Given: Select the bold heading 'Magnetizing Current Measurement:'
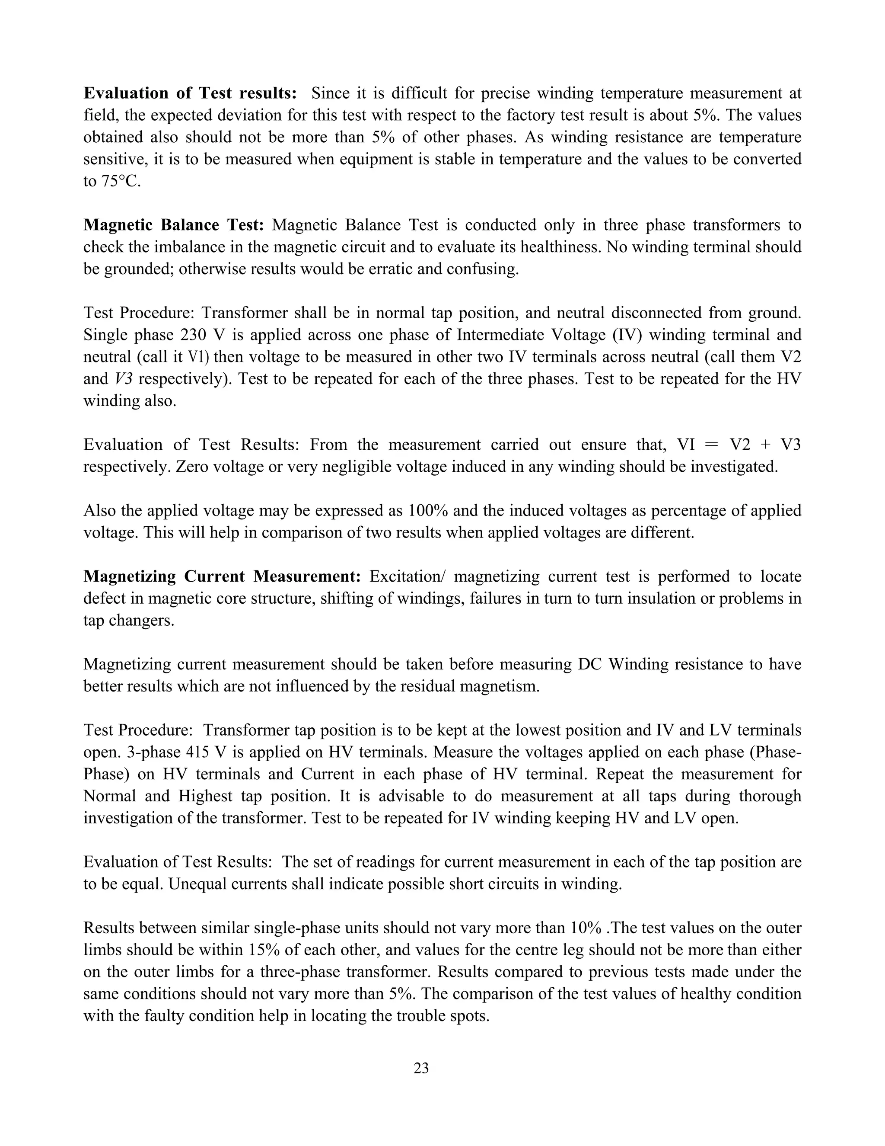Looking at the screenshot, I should tap(222, 576).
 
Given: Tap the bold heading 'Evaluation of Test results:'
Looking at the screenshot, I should tap(190, 93).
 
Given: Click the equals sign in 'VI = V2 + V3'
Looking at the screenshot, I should tap(710, 445).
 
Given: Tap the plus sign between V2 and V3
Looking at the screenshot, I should tap(764, 445).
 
